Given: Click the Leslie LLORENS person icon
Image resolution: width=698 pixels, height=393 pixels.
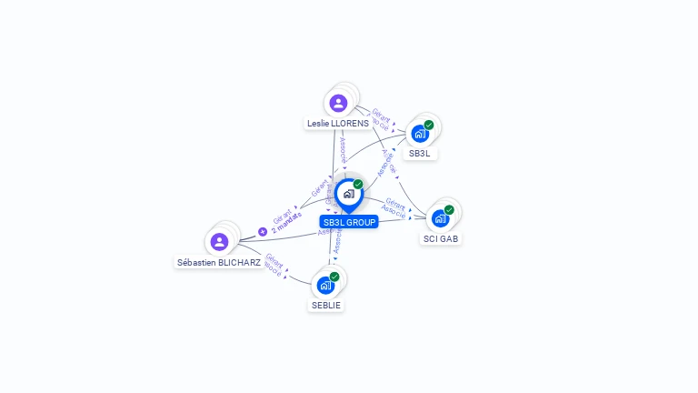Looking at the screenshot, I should pos(339,103).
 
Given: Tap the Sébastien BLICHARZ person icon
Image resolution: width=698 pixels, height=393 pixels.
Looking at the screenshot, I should pos(219,241).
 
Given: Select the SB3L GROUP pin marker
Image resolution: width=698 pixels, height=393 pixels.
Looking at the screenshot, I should pos(347,194).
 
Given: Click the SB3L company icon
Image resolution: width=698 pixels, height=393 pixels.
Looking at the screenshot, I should pos(419,134).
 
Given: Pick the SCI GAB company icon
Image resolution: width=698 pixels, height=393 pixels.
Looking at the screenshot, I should pos(440,218).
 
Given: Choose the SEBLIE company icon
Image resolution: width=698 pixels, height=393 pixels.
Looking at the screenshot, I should pos(325,285).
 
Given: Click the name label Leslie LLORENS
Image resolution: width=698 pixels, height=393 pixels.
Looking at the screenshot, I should pos(337,123).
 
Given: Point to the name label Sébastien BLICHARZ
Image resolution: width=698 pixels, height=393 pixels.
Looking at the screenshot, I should pos(219,262).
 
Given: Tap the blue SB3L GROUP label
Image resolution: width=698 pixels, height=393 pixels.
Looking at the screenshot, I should pos(349,221).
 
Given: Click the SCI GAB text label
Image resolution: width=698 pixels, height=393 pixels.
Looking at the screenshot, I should pos(441,238).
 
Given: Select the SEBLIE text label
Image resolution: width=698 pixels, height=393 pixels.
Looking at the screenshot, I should pos(326,305).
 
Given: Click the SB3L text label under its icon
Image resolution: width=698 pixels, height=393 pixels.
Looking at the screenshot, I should pos(420,154).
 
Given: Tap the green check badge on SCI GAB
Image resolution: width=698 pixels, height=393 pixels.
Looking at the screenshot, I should pos(449,209).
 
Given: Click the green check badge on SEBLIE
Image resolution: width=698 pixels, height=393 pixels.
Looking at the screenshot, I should pos(334,276).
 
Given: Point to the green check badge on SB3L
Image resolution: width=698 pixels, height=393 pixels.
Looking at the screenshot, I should pos(429,125).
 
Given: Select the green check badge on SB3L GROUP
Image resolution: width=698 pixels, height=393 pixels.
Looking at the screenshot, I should pos(358,185).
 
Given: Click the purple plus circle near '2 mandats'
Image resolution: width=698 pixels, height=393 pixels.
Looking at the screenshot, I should pos(263,231).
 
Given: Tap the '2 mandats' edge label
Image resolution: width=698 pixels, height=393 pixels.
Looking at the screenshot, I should pos(287,224).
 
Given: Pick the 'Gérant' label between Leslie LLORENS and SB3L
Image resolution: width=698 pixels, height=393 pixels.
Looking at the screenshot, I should pos(381,116).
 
